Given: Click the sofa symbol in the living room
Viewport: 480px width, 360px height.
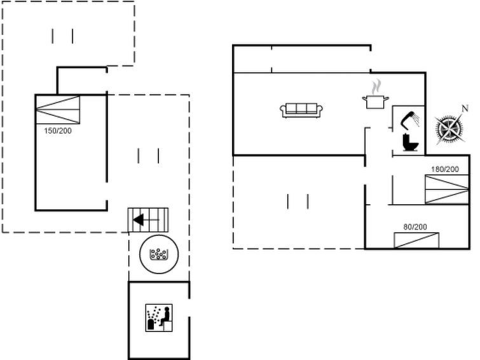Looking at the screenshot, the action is point(301,110).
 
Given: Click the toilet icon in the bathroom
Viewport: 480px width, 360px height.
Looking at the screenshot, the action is point(410,142).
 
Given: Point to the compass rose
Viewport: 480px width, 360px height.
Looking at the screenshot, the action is point(449,129).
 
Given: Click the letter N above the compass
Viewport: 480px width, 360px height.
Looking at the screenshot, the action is point(465,109).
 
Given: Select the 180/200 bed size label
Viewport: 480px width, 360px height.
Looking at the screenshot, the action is point(445,169).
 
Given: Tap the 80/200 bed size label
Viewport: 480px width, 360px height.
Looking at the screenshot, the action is point(415,227).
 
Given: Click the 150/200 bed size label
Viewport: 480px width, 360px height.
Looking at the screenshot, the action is point(58,131).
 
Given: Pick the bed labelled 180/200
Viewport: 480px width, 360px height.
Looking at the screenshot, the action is point(447,189).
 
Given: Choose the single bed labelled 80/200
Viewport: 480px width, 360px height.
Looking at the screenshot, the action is point(416,240).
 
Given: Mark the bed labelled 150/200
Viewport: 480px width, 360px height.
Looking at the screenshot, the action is point(58,109).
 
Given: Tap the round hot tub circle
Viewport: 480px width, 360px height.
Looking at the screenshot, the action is point(159,254).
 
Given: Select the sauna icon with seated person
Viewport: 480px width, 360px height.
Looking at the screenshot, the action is point(159,318).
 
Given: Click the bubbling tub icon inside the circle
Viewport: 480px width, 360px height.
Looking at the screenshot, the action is point(158,254).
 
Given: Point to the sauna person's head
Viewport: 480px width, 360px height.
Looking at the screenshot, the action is point(167,309).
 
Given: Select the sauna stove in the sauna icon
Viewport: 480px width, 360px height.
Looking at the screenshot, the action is point(151,324).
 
